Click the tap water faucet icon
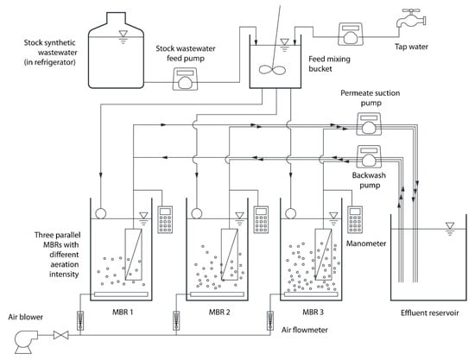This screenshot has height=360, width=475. (x=411, y=19)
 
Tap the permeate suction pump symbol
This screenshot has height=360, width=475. (x=369, y=123)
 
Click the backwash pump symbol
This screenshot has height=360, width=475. (x=369, y=156)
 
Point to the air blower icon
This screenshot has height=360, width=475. (x=27, y=342)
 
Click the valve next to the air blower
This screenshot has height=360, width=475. (x=61, y=335)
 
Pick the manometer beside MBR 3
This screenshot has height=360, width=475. (x=355, y=219)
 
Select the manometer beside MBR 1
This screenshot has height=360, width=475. (x=165, y=219)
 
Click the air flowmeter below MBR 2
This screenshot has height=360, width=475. (x=175, y=321)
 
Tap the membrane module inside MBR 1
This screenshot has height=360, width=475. (x=133, y=254)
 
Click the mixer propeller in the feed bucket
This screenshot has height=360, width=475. (x=272, y=70)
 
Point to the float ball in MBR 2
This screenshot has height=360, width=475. (x=197, y=213)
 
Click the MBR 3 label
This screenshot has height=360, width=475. (x=313, y=312)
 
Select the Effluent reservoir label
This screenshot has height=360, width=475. (x=429, y=313)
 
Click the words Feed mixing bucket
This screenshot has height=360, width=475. (x=329, y=64)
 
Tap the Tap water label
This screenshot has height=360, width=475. (x=411, y=47)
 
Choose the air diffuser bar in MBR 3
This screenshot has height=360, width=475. (x=311, y=294)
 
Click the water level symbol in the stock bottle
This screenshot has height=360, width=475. (x=123, y=37)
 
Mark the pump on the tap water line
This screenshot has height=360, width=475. (x=351, y=34)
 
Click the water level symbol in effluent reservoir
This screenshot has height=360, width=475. (x=450, y=229)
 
